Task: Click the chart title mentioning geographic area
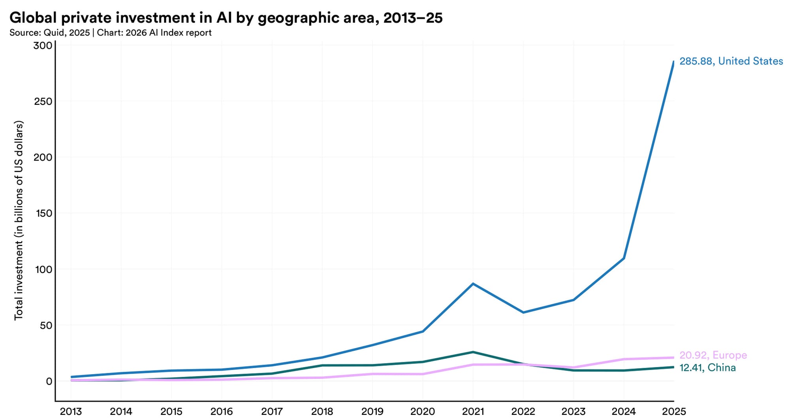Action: pos(226,18)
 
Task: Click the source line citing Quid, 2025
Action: pos(110,33)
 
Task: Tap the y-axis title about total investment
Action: pos(19,220)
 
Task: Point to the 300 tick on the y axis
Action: pos(43,45)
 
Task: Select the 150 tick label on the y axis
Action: pos(43,213)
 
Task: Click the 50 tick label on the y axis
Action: pos(45,325)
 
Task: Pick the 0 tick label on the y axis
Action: pos(49,381)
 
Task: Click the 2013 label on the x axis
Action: pos(71,412)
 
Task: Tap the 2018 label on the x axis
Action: pos(322,412)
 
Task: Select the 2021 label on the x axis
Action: pos(473,412)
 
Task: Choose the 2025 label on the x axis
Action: pos(673,412)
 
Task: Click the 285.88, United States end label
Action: pos(731,61)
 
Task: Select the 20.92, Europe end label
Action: pos(713,355)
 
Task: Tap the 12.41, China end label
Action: pos(707,368)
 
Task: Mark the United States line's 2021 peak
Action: pos(473,284)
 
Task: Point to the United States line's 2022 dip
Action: pos(523,312)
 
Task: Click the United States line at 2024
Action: pos(623,258)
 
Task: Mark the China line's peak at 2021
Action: pos(473,352)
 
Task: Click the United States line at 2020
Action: pos(423,331)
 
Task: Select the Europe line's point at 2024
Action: pos(623,359)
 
